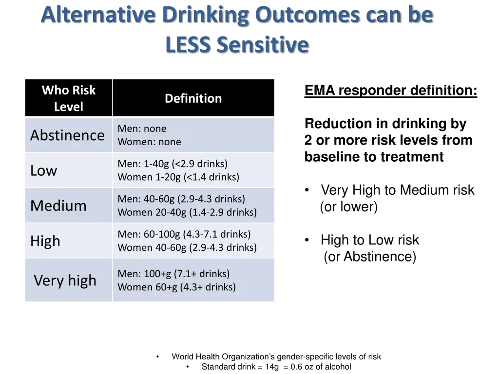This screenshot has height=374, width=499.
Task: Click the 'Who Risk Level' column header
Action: (x=69, y=98)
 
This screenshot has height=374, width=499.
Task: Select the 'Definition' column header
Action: (x=193, y=98)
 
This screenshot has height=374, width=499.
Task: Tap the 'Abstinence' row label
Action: (x=67, y=135)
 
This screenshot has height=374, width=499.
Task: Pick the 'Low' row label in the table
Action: (x=44, y=170)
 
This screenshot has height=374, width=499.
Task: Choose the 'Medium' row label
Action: (x=58, y=206)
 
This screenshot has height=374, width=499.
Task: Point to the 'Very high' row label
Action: (x=65, y=280)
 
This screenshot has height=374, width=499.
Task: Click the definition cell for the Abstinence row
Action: (x=193, y=135)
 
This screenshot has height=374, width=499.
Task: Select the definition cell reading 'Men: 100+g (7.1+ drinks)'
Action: (x=173, y=274)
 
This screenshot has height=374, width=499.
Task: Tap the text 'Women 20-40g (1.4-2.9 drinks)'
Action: (x=187, y=212)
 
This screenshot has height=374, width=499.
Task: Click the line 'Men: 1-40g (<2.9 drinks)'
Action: (x=173, y=164)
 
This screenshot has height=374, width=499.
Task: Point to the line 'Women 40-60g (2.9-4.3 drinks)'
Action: (x=187, y=247)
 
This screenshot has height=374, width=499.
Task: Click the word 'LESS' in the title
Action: (x=188, y=45)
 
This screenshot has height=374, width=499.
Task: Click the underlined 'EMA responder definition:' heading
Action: (x=391, y=91)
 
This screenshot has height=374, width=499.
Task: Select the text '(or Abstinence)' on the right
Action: (x=370, y=257)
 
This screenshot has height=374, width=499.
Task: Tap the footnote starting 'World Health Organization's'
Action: (x=276, y=357)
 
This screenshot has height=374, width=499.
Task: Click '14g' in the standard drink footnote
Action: (x=271, y=367)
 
